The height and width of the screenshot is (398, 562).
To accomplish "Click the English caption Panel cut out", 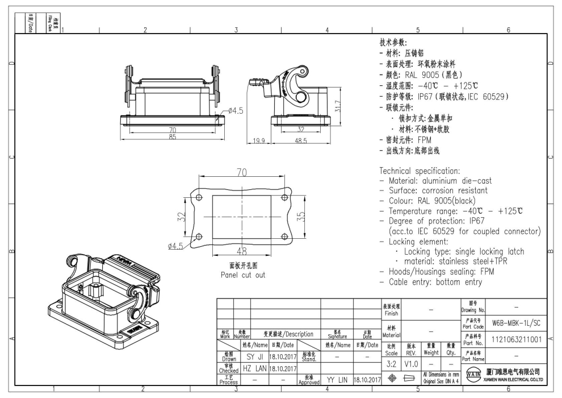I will click(x=243, y=275).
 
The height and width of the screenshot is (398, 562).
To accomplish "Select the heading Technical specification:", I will click(x=419, y=171).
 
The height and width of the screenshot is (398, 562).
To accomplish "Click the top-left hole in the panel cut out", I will click(x=199, y=197).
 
